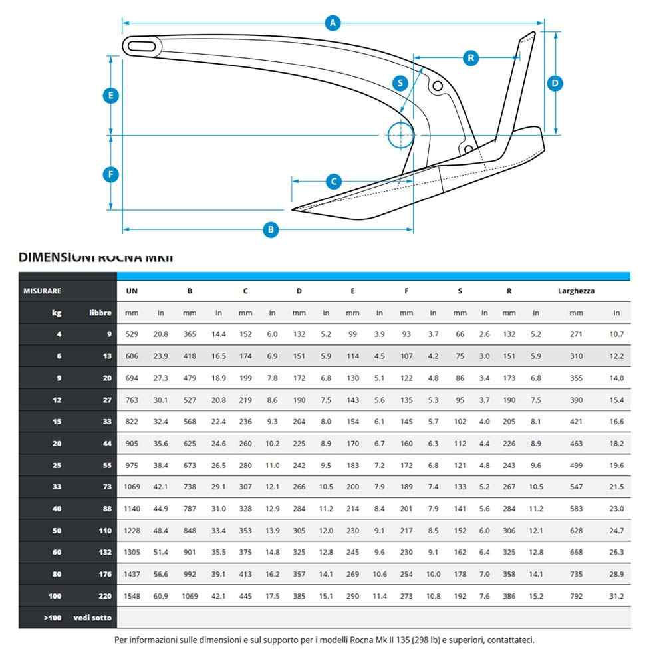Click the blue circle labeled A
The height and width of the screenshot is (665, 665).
coord(334,23)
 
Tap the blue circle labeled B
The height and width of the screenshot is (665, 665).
coord(270,230)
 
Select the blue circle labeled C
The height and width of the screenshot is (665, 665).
coord(334,181)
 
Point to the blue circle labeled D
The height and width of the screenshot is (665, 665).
coord(555,83)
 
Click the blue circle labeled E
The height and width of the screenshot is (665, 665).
coord(111,96)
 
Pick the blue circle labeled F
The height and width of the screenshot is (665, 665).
coord(111,175)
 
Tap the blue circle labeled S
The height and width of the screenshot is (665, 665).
coord(400,83)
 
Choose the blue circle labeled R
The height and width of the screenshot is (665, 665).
coord(471,58)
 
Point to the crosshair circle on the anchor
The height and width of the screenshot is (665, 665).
coord(400,135)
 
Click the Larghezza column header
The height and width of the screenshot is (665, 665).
coord(576,291)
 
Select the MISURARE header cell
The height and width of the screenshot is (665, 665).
coord(43,291)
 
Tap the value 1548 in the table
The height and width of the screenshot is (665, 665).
coord(132,596)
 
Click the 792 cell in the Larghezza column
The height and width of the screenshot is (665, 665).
coord(576,596)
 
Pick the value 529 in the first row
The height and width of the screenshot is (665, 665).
coord(132,334)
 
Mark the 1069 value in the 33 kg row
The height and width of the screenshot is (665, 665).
coord(132,487)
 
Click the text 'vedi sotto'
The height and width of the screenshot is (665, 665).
coord(93,618)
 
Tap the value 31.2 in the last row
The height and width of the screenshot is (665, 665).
coord(616,596)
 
